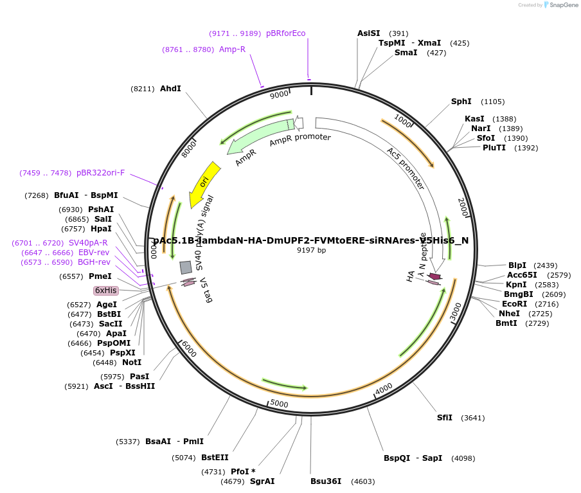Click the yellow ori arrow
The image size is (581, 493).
coord(204,179)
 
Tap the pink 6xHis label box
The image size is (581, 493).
coord(106,291)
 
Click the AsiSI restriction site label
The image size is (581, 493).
coord(369,33)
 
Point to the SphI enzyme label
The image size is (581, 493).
coord(461,102)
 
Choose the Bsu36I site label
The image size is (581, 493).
coord(326,481)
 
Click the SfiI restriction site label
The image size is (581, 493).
coord(444,418)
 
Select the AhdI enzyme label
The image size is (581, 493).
coord(170,89)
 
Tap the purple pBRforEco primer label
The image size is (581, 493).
coord(285,33)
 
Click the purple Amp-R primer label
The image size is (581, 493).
coord(232,49)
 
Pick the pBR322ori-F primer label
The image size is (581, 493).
coord(101,173)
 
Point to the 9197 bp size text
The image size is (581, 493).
coord(311,250)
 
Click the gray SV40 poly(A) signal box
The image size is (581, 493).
coord(186,267)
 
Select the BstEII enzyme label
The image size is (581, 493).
coord(215,458)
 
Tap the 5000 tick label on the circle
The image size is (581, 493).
coord(279,403)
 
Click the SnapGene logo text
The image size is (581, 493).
coord(562,5)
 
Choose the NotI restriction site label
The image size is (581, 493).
coord(132,363)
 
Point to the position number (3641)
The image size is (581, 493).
coord(472,418)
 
